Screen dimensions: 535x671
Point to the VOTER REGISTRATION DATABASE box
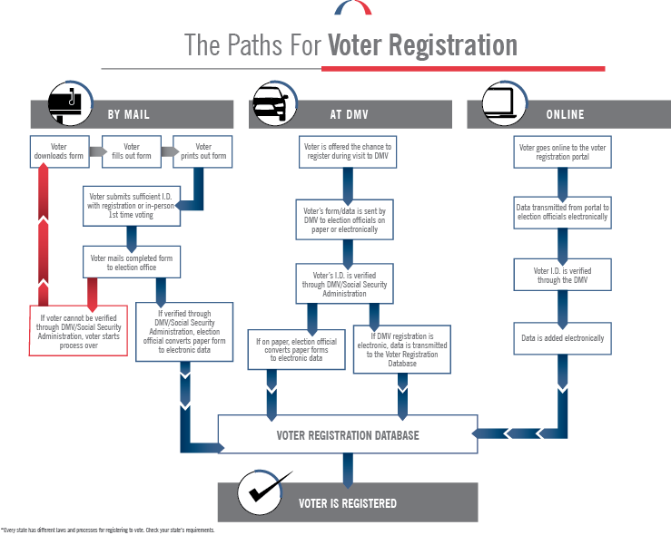(x=348, y=435)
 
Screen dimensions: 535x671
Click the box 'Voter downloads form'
(x=59, y=151)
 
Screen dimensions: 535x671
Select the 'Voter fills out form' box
(x=132, y=151)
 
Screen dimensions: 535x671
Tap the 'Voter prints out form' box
(x=203, y=151)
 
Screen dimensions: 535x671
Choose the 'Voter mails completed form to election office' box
(x=132, y=264)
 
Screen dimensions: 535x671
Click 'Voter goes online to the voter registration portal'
(x=563, y=151)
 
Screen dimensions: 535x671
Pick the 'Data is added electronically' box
(x=563, y=337)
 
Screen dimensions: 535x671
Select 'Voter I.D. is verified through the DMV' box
(x=563, y=275)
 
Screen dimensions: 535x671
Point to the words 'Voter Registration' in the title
(x=421, y=45)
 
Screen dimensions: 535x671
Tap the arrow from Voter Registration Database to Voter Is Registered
(x=347, y=467)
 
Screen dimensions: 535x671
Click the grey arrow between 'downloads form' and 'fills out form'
(x=95, y=151)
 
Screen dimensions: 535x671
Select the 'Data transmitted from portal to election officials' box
(x=563, y=213)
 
